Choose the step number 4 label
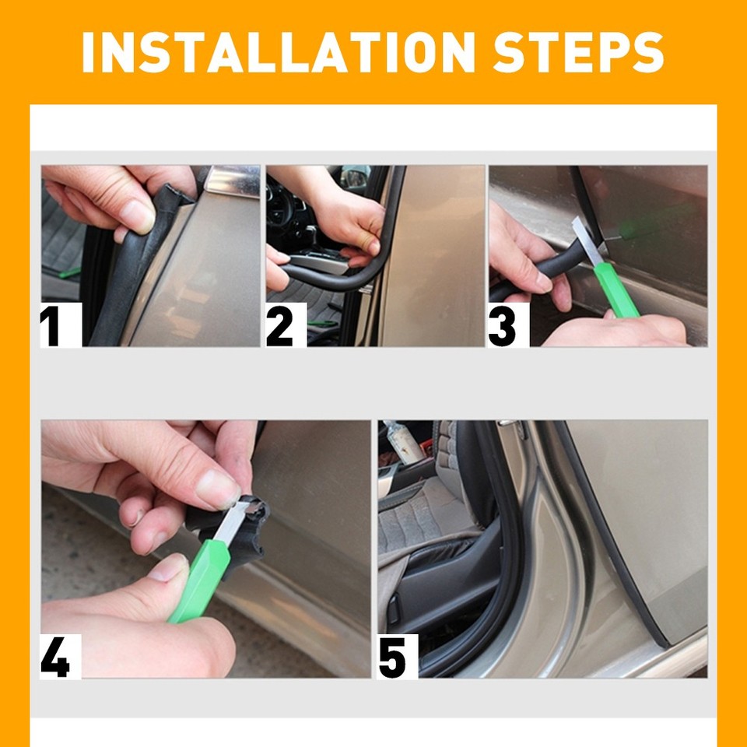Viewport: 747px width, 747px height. [x=56, y=658]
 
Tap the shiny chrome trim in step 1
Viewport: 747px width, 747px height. [x=233, y=181]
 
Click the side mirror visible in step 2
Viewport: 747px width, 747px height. [x=355, y=177]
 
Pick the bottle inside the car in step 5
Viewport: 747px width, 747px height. [x=402, y=440]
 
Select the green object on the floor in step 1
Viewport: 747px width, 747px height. [x=70, y=272]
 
